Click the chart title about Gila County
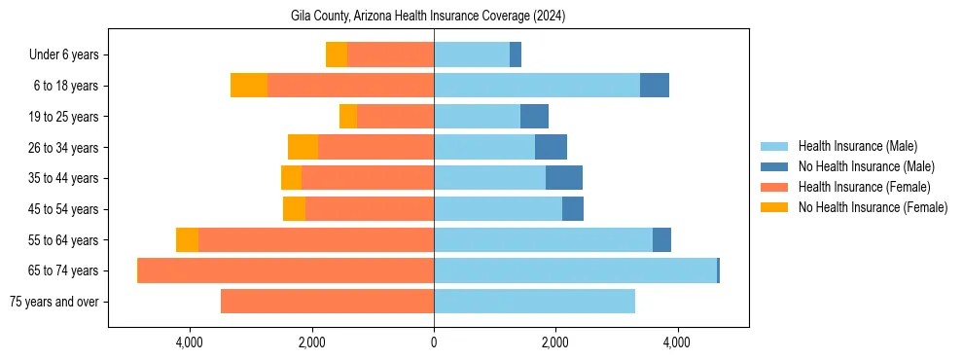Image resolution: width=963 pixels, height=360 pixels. (428, 17)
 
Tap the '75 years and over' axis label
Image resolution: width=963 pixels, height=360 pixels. (53, 302)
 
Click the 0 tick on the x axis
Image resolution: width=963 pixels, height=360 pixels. (434, 342)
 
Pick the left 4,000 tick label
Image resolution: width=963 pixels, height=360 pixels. (189, 342)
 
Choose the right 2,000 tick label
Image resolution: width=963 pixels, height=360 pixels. (555, 342)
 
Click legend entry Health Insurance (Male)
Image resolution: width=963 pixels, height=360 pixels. (857, 147)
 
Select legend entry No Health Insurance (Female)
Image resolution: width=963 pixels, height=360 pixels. (873, 207)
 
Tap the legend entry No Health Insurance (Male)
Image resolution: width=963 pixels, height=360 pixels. (866, 167)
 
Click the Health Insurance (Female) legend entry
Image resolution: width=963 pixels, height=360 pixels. (864, 187)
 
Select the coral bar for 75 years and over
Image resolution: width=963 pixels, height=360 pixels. (327, 302)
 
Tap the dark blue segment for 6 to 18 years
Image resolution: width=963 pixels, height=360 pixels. (655, 86)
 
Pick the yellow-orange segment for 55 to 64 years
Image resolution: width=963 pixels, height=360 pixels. (187, 240)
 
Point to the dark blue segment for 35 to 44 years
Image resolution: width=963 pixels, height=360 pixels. (564, 178)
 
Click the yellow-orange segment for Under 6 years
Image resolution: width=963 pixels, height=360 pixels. (337, 55)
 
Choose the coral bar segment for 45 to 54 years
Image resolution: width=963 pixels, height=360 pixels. (370, 209)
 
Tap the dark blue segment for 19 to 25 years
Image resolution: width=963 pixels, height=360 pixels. (534, 117)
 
